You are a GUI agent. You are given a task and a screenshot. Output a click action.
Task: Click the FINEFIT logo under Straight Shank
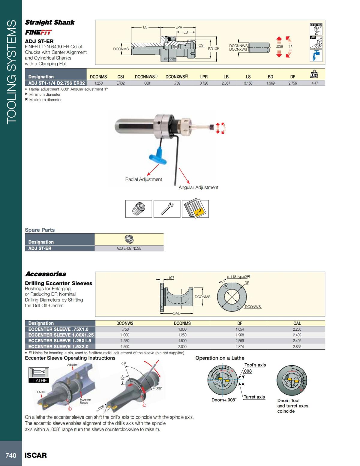point(38,32)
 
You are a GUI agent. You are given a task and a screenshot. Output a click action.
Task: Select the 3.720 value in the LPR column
point(204,83)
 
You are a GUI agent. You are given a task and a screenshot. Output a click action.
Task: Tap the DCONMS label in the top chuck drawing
point(121,49)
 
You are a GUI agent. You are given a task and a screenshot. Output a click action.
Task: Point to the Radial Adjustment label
point(143,179)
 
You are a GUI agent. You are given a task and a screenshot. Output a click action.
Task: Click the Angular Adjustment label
point(198,188)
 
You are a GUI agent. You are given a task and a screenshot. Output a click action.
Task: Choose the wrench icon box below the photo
point(167,209)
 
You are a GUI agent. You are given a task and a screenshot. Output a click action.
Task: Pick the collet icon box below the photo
point(139,209)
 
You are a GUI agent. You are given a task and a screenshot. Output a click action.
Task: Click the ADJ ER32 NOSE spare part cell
point(129,248)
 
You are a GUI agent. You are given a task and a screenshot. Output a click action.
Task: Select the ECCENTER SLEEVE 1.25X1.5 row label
point(60,341)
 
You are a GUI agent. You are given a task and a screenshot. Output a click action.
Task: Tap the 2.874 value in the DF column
point(239,347)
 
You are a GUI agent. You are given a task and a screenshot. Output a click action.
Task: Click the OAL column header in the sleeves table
point(297,323)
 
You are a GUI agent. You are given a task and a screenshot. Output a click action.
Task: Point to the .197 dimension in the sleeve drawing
point(171,278)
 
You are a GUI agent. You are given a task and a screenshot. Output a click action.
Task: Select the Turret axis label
point(254,397)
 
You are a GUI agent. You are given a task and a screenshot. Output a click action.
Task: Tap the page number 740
point(11,455)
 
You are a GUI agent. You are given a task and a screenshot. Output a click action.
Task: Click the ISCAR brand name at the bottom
point(36,455)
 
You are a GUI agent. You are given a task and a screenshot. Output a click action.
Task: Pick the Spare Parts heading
point(40,230)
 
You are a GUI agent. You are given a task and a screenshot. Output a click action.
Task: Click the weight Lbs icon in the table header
point(314,74)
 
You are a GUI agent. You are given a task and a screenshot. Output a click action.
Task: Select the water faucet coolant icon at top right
point(316,56)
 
